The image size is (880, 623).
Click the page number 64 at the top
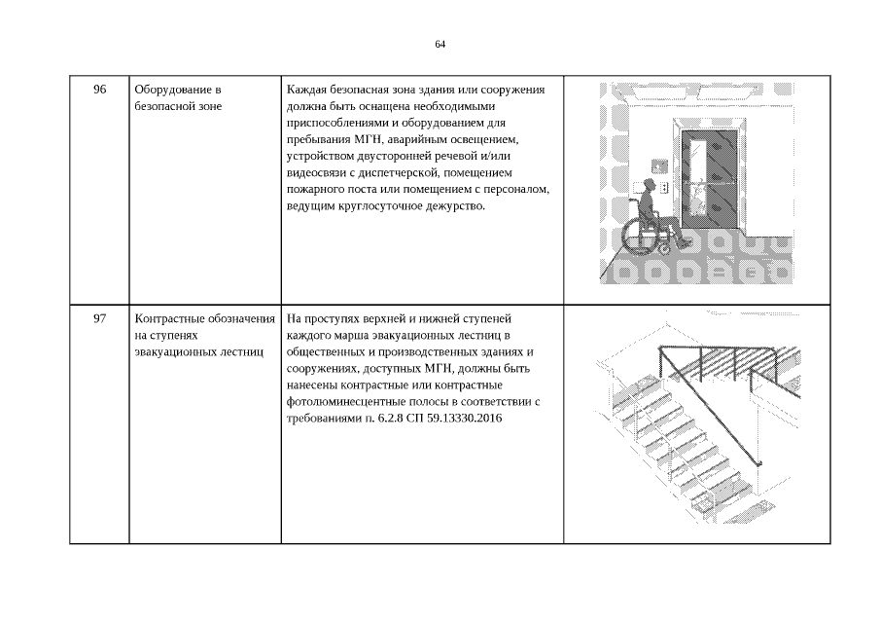click(x=440, y=45)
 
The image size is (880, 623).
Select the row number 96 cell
click(x=99, y=91)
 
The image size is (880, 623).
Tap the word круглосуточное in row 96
click(x=391, y=206)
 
